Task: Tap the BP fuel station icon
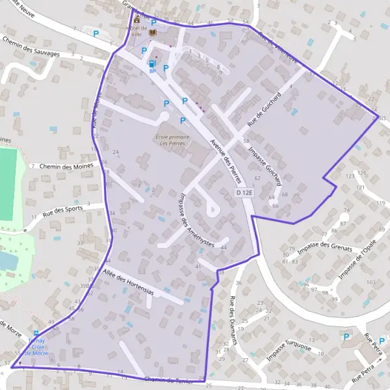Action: click(151, 63)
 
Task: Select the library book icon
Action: click(153, 32)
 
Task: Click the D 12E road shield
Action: click(244, 193)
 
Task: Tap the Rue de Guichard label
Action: click(264, 109)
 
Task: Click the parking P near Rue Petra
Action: click(346, 337)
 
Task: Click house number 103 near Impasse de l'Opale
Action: click(370, 283)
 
